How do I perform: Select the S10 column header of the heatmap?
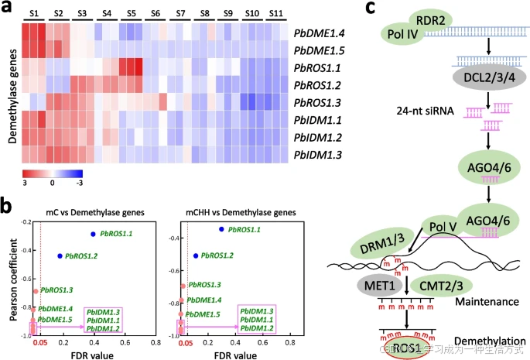point(252,15)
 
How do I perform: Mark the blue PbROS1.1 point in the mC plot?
point(93,233)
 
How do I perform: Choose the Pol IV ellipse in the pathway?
point(400,33)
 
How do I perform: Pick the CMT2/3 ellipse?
point(446,285)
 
